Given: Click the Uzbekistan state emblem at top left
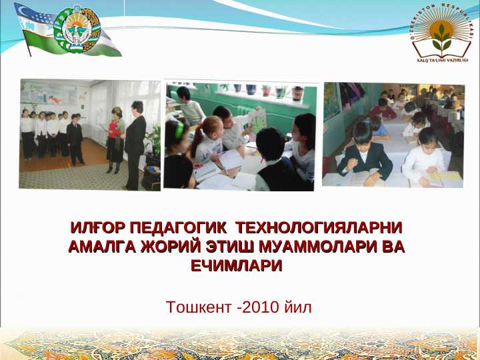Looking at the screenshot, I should point(77,29).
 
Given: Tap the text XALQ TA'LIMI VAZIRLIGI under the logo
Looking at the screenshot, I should point(441,60).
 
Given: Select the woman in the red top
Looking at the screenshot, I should point(116,133).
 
